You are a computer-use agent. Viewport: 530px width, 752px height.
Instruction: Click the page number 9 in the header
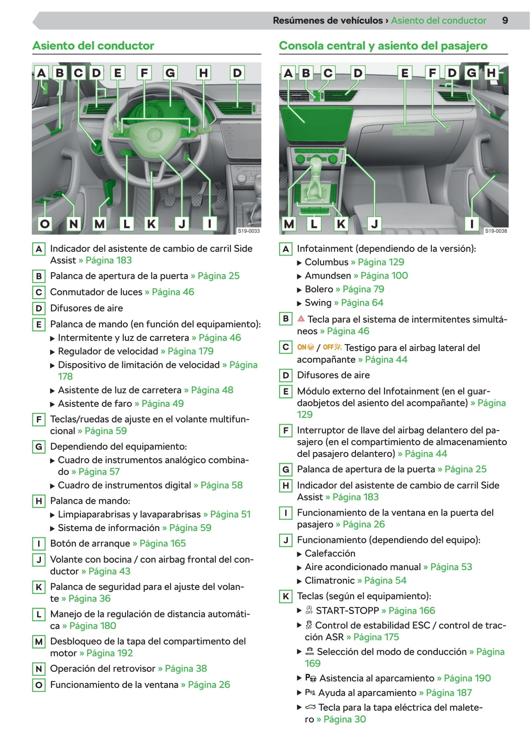505,20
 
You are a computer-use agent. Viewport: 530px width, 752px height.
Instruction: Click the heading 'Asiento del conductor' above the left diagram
93,45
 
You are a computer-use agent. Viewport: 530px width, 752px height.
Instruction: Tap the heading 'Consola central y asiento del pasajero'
383,45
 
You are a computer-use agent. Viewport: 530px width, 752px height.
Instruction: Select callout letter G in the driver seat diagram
170,73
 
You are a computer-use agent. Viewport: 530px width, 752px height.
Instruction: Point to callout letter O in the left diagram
45,224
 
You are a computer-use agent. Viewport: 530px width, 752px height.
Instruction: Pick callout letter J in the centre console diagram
374,224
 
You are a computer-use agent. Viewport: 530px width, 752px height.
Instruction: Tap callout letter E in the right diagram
405,73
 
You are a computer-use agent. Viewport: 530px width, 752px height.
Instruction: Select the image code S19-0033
249,231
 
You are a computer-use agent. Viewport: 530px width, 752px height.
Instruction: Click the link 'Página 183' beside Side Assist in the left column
109,260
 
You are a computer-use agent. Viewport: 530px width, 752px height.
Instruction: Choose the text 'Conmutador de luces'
96,292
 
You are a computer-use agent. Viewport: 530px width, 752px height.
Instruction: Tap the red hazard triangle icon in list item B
301,319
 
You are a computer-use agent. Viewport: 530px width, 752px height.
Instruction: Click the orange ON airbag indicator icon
305,347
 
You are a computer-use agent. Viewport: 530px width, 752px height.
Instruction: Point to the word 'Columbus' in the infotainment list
327,262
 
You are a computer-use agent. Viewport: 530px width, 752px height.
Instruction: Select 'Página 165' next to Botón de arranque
162,543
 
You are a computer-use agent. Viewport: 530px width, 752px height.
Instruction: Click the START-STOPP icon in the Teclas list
309,610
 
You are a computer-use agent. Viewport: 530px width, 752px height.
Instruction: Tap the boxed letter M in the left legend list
39,642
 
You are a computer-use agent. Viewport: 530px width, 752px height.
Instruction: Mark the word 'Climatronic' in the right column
330,581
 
